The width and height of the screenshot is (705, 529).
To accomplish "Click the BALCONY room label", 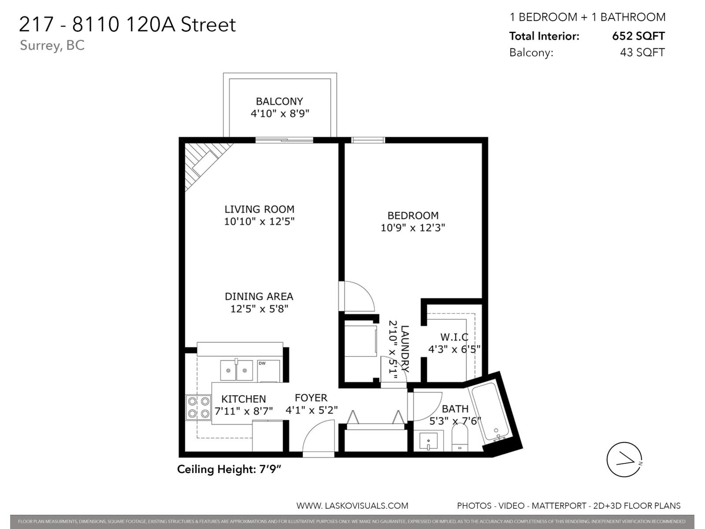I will (279, 101).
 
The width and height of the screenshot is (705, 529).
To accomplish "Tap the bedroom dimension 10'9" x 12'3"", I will (413, 228).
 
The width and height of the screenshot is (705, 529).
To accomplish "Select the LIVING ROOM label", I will (259, 209).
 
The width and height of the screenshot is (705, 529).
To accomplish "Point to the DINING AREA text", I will (259, 297).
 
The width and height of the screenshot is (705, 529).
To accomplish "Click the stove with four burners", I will (198, 407).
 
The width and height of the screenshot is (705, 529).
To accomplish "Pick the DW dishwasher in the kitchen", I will (268, 371).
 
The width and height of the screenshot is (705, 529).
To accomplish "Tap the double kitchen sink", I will (237, 371).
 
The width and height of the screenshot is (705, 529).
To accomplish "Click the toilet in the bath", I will (460, 437).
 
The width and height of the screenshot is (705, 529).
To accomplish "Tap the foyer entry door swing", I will (318, 436).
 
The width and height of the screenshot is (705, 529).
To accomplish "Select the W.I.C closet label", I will (454, 337).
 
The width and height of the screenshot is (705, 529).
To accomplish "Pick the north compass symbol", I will (624, 459).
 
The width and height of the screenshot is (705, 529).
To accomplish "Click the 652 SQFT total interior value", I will (638, 36).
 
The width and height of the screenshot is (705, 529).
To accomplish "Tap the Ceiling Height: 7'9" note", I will (229, 469).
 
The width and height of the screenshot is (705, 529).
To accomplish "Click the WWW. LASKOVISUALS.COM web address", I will (352, 506).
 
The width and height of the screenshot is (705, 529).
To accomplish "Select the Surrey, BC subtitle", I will (52, 45).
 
